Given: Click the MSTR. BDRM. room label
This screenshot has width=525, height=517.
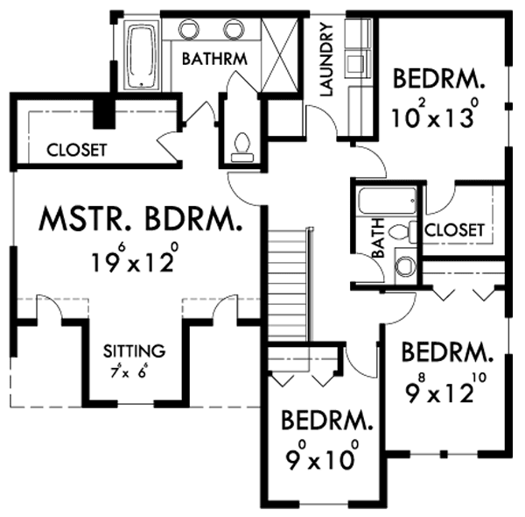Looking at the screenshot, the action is pyautogui.click(x=141, y=219).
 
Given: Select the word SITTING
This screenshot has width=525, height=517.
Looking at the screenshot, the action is pyautogui.click(x=134, y=351).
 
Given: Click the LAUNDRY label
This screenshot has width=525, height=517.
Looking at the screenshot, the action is pyautogui.click(x=326, y=60).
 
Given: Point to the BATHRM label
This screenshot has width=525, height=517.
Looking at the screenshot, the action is pyautogui.click(x=214, y=59).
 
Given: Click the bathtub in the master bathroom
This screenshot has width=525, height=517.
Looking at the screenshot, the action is pyautogui.click(x=142, y=55).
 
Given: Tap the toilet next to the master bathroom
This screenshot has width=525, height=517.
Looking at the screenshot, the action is pyautogui.click(x=242, y=147).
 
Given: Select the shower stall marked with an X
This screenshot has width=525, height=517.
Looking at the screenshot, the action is pyautogui.click(x=279, y=54).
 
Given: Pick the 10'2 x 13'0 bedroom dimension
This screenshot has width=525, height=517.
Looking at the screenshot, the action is pyautogui.click(x=435, y=114).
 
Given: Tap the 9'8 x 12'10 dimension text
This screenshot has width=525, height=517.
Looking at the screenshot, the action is pyautogui.click(x=445, y=388).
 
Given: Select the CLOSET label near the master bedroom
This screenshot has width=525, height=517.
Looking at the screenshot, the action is pyautogui.click(x=77, y=150).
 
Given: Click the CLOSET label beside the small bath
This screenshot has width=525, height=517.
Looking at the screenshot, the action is pyautogui.click(x=454, y=230).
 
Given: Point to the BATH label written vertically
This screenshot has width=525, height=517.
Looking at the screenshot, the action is pyautogui.click(x=378, y=237).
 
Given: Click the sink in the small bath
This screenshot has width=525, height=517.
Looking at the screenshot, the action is pyautogui.click(x=405, y=266).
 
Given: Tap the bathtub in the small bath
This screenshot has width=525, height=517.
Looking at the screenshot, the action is pyautogui.click(x=388, y=201).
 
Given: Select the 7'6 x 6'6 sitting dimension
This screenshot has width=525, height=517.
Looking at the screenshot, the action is pyautogui.click(x=129, y=371).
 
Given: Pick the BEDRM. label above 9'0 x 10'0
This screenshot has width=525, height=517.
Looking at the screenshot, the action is pyautogui.click(x=326, y=421).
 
